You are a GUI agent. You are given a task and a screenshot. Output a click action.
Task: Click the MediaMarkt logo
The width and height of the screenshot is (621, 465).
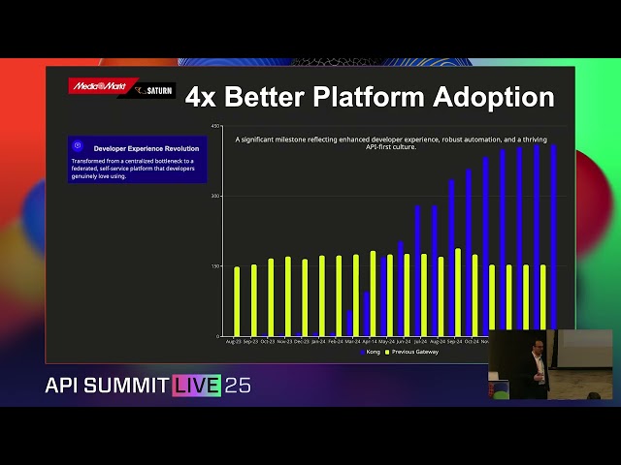coord(92,85)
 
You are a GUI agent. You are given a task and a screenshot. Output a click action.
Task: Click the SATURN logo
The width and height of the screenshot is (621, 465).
coord(155,91)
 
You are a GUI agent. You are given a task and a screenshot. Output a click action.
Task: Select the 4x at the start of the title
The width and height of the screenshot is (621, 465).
coord(200,97)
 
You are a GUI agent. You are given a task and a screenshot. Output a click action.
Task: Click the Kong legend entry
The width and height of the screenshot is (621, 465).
coord(371,352)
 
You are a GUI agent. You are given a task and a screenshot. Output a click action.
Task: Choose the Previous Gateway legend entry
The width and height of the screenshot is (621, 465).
coord(413,352)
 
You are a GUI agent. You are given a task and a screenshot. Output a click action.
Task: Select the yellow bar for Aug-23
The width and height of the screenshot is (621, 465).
coord(236,301)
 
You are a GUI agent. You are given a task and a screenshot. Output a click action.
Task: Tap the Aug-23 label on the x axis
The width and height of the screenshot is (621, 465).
coord(234,341)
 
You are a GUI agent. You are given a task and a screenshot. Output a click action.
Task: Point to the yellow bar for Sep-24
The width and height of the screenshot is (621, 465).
coord(458,292)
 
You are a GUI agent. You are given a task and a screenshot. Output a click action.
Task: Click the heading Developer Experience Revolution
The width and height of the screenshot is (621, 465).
coord(146,148)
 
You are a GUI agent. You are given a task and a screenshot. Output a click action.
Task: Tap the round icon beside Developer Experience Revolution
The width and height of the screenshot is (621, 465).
coord(77,147)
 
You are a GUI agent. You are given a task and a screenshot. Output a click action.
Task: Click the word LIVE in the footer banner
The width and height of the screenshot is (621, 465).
coord(197,386)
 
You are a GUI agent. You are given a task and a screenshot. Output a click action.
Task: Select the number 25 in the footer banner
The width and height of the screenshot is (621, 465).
coord(238,386)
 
